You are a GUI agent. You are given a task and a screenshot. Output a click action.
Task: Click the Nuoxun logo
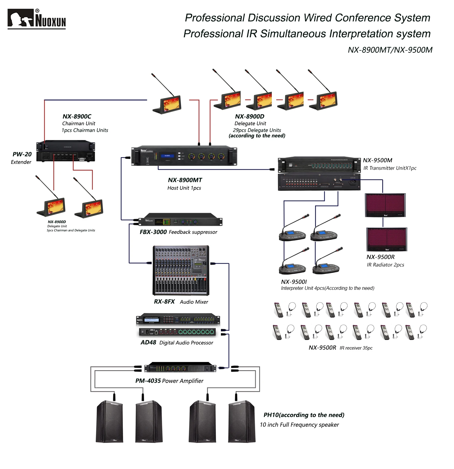[36, 19]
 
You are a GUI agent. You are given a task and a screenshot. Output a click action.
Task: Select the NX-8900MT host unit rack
[184, 156]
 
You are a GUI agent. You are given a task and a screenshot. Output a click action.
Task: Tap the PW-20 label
[22, 154]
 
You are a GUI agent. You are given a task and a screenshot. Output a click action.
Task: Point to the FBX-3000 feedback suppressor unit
[180, 222]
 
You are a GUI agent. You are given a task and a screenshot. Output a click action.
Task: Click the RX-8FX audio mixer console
[181, 270]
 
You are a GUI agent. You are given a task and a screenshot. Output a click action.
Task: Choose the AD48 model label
[148, 343]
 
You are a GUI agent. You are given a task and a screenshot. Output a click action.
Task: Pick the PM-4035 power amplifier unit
[180, 368]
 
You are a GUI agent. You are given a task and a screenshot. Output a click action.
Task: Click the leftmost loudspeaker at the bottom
[110, 422]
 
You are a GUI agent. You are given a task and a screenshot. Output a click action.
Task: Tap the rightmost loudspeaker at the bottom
[242, 422]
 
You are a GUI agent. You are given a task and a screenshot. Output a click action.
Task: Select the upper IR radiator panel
[385, 205]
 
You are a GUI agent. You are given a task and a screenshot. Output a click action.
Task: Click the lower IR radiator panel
[387, 240]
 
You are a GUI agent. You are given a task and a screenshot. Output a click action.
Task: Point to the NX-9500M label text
[377, 160]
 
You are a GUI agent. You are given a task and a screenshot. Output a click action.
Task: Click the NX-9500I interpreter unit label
[294, 282]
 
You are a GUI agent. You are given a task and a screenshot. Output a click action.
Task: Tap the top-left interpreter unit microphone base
[292, 235]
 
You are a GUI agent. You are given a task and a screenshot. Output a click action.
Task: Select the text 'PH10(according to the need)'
[304, 415]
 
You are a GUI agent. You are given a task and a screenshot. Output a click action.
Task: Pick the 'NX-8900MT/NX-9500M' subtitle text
[390, 50]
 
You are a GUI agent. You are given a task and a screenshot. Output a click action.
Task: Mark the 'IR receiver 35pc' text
[356, 348]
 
